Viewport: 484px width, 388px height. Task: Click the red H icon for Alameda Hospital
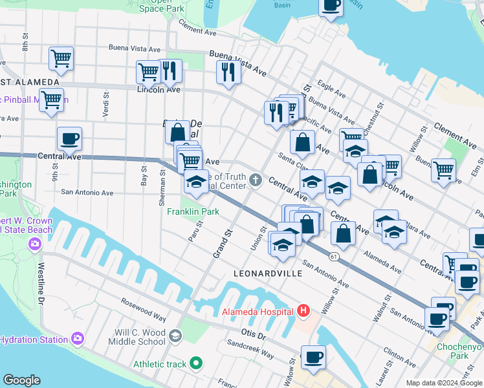pos(303,312)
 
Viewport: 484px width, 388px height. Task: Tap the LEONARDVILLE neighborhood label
pos(268,274)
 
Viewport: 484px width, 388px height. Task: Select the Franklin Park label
pos(193,212)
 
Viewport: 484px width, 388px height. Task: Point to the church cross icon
pos(257,180)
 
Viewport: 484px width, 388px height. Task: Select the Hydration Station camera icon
pos(78,338)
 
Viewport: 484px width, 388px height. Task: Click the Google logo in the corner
pos(21,380)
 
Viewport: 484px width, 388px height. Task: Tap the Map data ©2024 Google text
pos(443,383)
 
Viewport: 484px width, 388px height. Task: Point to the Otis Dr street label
pos(253,335)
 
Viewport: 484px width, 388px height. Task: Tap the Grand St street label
pos(223,241)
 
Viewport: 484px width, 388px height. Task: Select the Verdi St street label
pos(105,100)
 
